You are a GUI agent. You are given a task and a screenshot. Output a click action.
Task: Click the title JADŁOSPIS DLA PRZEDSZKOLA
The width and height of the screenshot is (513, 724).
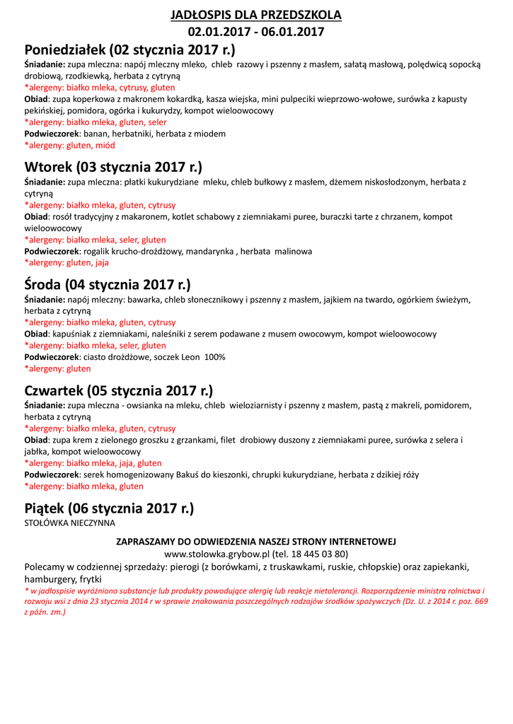pos(256,15)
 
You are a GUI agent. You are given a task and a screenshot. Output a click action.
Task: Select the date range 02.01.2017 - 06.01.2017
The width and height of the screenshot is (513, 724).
pos(256,32)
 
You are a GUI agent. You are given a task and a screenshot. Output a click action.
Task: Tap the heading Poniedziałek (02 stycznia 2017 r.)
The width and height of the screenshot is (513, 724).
pos(129,50)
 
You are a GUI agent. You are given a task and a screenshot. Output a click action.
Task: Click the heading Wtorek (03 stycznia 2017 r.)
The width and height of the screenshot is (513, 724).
pos(113,168)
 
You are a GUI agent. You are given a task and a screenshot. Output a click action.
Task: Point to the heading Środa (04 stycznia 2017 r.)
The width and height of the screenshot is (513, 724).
pos(108,285)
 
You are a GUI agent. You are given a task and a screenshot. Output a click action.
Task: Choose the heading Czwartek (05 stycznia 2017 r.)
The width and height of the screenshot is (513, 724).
pos(119,391)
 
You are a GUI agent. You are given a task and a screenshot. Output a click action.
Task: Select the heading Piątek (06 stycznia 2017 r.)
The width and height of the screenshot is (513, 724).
pos(109,508)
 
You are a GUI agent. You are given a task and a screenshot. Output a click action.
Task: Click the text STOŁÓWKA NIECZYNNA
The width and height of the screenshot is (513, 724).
pos(69,523)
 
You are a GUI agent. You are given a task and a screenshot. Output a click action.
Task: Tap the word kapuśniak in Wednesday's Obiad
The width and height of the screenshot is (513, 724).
pos(74,334)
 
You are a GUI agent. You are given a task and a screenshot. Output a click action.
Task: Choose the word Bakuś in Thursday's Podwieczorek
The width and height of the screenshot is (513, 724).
pos(185,474)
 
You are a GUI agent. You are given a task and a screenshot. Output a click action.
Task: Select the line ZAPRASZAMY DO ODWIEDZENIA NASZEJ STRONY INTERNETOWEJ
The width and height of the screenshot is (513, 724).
pos(256,542)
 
